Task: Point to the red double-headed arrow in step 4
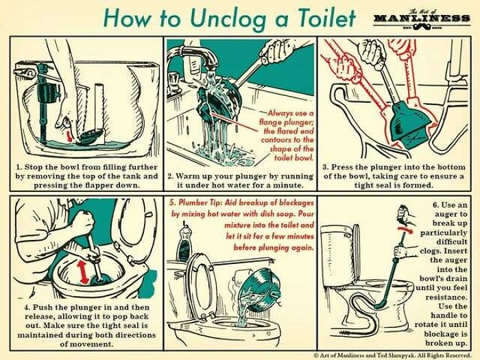pyautogui.click(x=86, y=269)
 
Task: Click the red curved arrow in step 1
pyautogui.click(x=67, y=128)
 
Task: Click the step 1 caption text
pyautogui.click(x=86, y=176)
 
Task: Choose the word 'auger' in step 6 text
pyautogui.click(x=451, y=214)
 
